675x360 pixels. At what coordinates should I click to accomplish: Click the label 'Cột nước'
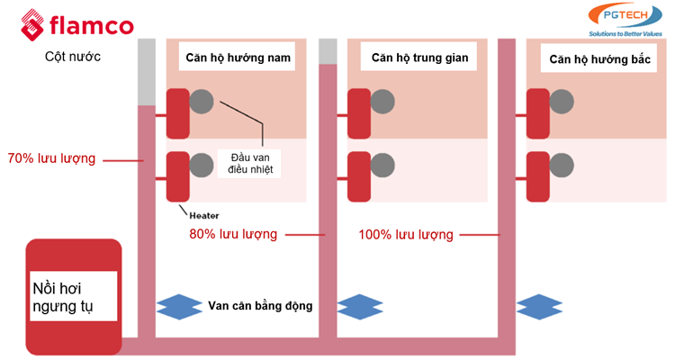[72, 56]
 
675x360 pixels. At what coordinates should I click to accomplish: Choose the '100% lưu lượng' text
[406, 235]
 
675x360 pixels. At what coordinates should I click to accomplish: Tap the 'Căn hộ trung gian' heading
[419, 58]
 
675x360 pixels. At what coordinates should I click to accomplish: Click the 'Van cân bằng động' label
[259, 306]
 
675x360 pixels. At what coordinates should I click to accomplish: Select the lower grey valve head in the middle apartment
[382, 165]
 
